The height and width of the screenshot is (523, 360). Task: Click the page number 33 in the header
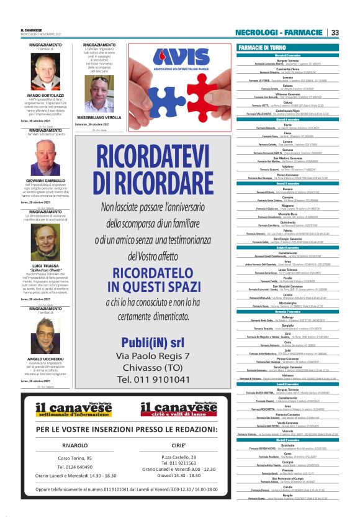click(x=335, y=32)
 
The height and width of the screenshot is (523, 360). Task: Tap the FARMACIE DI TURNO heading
click(x=261, y=47)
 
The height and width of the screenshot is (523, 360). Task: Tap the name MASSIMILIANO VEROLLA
click(x=99, y=117)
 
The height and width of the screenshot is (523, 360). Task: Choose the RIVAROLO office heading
click(x=74, y=445)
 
